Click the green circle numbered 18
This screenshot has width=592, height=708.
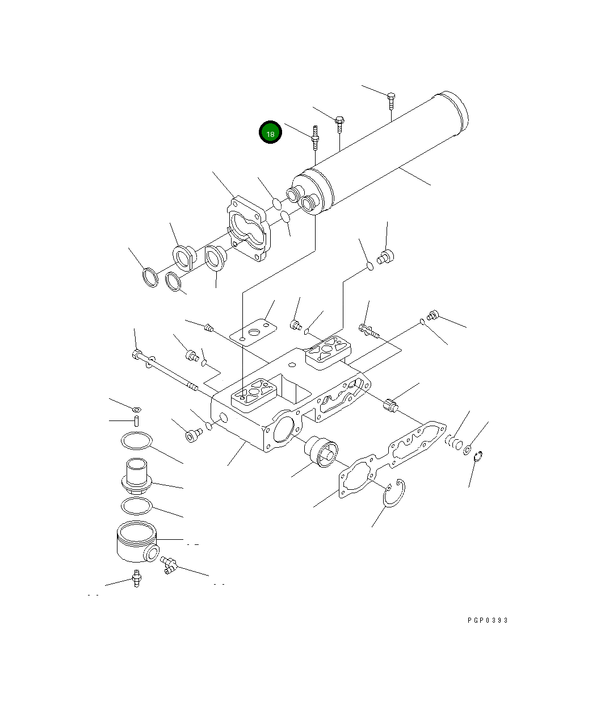[270, 132]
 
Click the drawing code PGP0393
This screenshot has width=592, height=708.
[488, 620]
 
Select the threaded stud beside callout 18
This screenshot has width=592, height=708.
[316, 138]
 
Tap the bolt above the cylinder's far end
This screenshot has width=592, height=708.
[391, 101]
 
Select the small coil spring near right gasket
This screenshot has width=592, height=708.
[453, 442]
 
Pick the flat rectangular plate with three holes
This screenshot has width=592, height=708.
[253, 332]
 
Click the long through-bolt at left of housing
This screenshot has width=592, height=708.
[165, 371]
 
